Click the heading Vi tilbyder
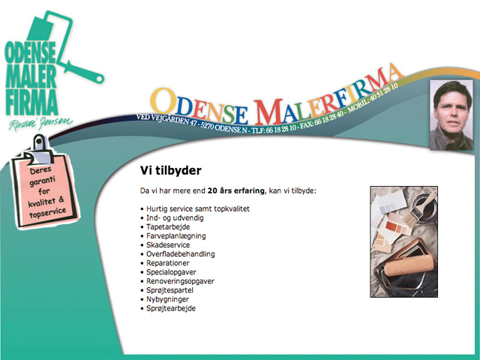170,170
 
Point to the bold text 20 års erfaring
235,190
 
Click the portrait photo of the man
451,115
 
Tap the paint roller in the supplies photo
409,265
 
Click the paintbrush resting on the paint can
421,204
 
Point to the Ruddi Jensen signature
40,123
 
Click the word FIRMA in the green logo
31,103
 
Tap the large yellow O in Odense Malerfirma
163,100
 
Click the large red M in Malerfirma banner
268,112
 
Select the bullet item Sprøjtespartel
169,290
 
